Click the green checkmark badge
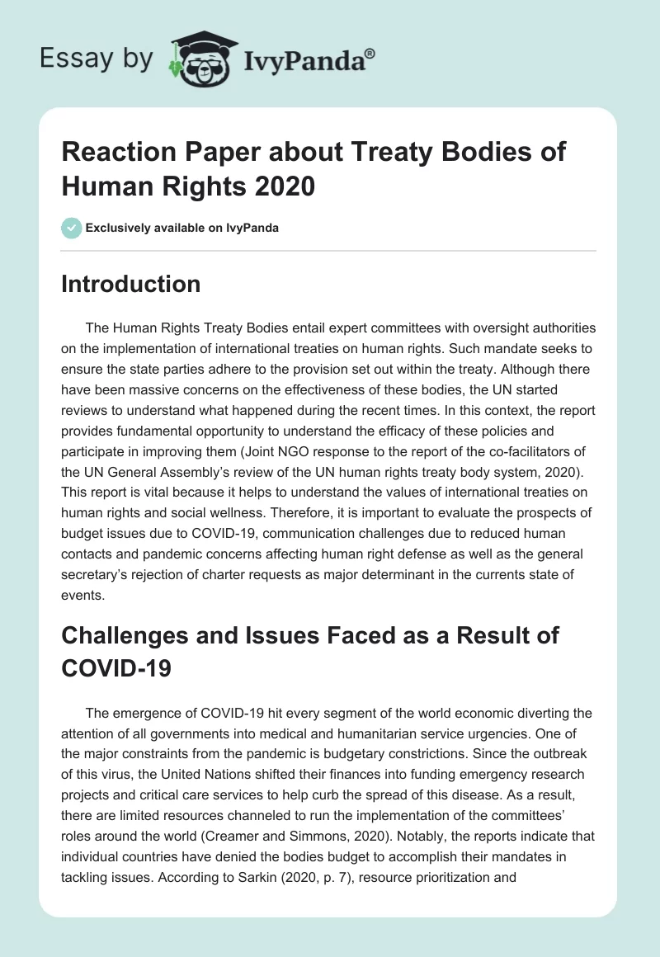point(72,227)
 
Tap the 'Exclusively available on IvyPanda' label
point(181,228)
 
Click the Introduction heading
point(131,284)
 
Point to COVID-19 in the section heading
point(116,667)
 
